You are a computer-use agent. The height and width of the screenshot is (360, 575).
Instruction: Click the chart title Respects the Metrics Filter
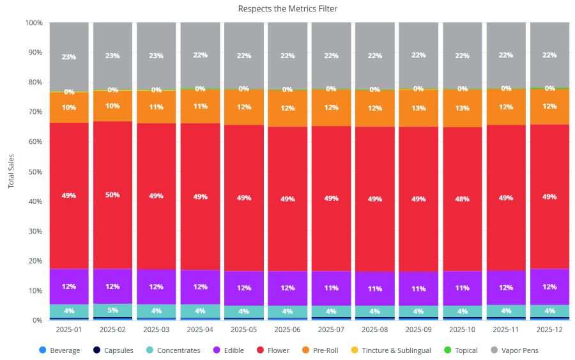pos(287,8)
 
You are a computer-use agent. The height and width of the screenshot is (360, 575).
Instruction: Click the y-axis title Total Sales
pos(11,171)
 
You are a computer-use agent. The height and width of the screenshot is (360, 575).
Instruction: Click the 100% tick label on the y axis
pos(33,22)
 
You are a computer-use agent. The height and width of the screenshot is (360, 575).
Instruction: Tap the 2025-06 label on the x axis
pos(287,330)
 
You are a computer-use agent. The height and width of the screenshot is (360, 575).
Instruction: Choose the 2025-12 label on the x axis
pos(549,330)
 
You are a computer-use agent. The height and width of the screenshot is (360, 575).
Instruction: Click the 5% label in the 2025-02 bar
pos(112,311)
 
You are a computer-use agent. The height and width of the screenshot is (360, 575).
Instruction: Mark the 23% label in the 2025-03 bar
pos(157,56)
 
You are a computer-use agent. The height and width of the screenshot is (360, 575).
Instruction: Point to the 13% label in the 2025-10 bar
pos(462,108)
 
